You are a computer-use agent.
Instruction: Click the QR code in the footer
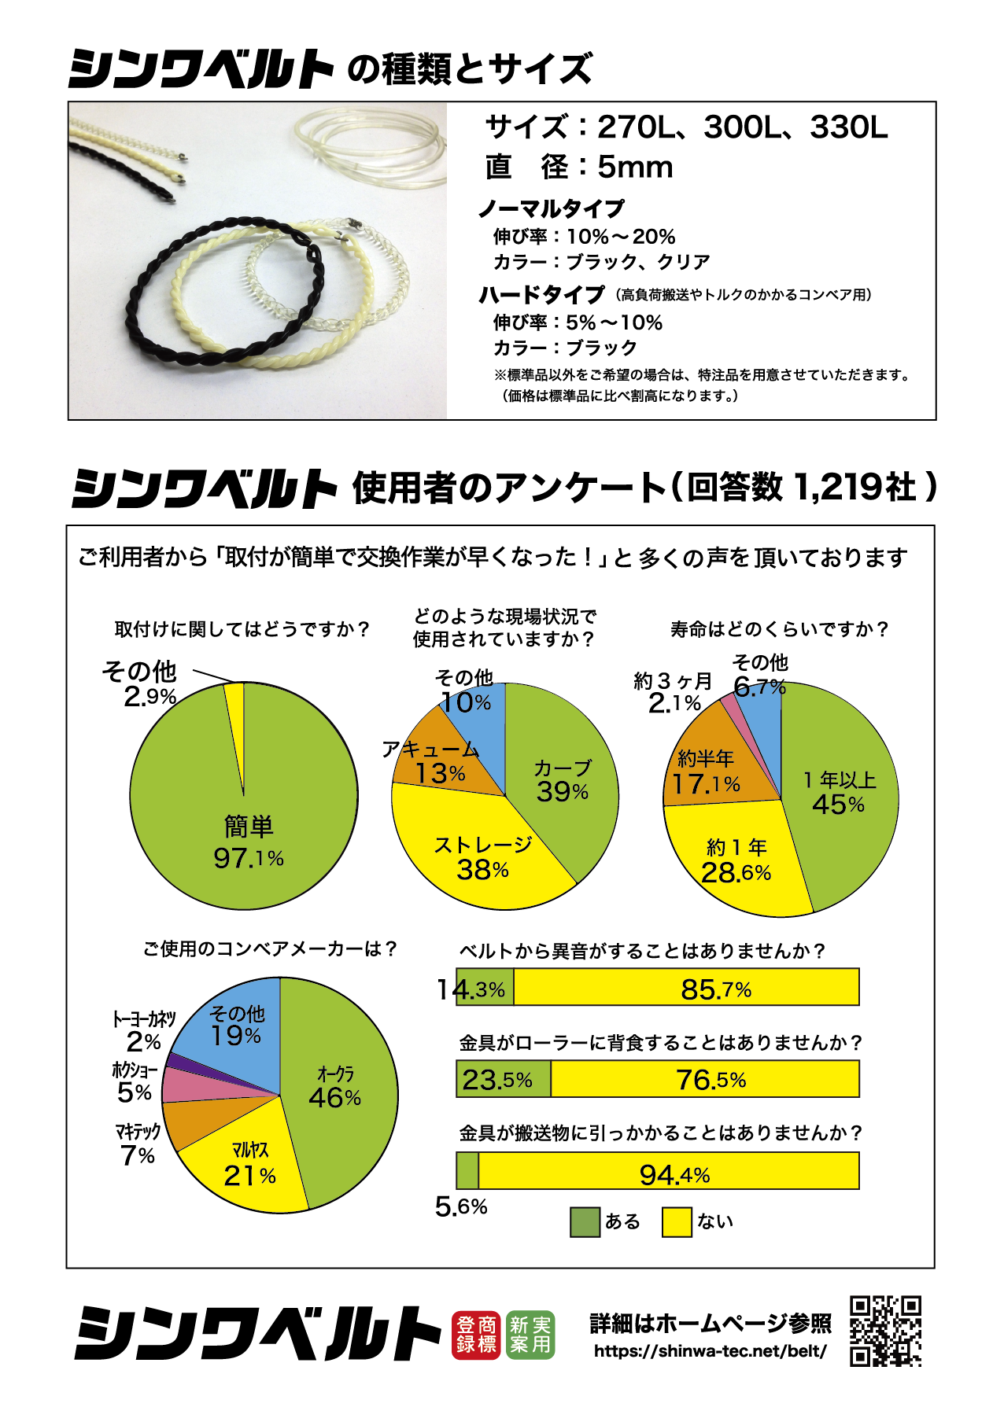point(885,1331)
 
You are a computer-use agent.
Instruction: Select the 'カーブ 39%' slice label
point(563,781)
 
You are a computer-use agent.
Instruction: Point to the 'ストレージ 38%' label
point(483,858)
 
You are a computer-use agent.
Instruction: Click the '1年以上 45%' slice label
point(839,793)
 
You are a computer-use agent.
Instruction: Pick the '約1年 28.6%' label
point(736,861)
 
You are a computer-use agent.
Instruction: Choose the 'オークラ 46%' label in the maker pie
point(335,1086)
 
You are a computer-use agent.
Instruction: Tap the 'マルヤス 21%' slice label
point(250,1165)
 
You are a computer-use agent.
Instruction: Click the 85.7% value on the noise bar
point(716,989)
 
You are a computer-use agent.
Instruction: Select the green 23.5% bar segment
point(504,1079)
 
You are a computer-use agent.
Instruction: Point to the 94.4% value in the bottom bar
point(674,1174)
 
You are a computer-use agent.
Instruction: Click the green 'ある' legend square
point(585,1222)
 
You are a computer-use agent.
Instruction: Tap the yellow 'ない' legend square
point(677,1222)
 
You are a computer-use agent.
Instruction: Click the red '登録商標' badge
point(477,1335)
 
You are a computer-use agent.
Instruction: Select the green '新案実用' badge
point(530,1335)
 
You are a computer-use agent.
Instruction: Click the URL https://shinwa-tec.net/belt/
point(711,1351)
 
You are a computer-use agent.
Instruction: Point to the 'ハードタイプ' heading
point(541,295)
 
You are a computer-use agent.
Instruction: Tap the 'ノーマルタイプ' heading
point(551,208)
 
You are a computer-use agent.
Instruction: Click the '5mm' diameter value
point(635,167)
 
